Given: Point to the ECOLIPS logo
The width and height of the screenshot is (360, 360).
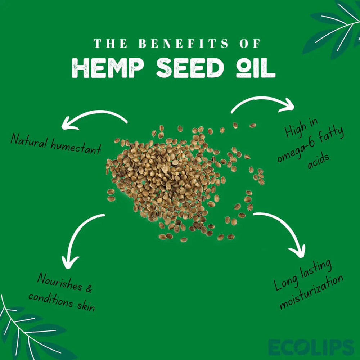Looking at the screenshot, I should coord(311,347).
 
